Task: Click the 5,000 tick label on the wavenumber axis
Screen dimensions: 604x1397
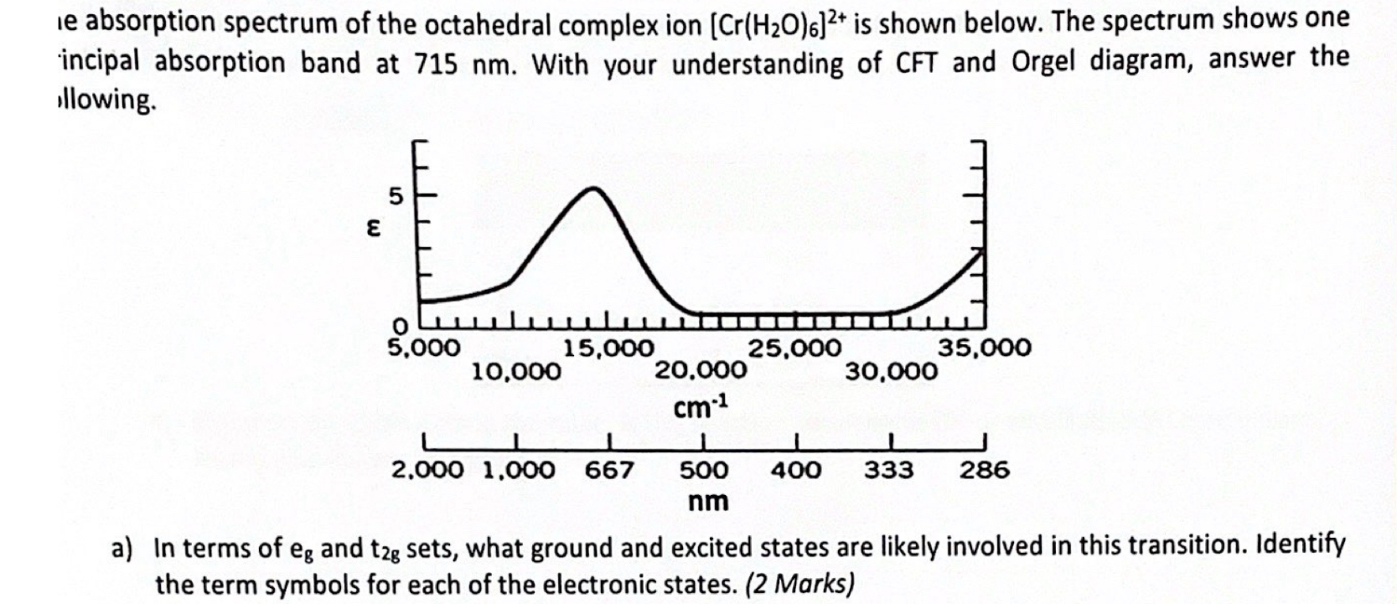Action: (422, 347)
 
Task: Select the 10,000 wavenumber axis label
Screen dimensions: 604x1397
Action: (516, 370)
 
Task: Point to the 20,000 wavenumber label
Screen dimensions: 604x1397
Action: (701, 370)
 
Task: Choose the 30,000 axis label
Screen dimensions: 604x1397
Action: (891, 370)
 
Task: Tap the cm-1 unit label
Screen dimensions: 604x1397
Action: (701, 408)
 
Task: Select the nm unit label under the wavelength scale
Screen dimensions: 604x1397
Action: (708, 502)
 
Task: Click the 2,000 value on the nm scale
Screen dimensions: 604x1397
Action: (427, 470)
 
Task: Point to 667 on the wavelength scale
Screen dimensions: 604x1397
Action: (609, 470)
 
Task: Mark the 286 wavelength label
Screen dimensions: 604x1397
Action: (985, 470)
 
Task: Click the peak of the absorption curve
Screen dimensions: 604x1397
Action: (594, 188)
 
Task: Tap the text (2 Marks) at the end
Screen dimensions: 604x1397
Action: (800, 584)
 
